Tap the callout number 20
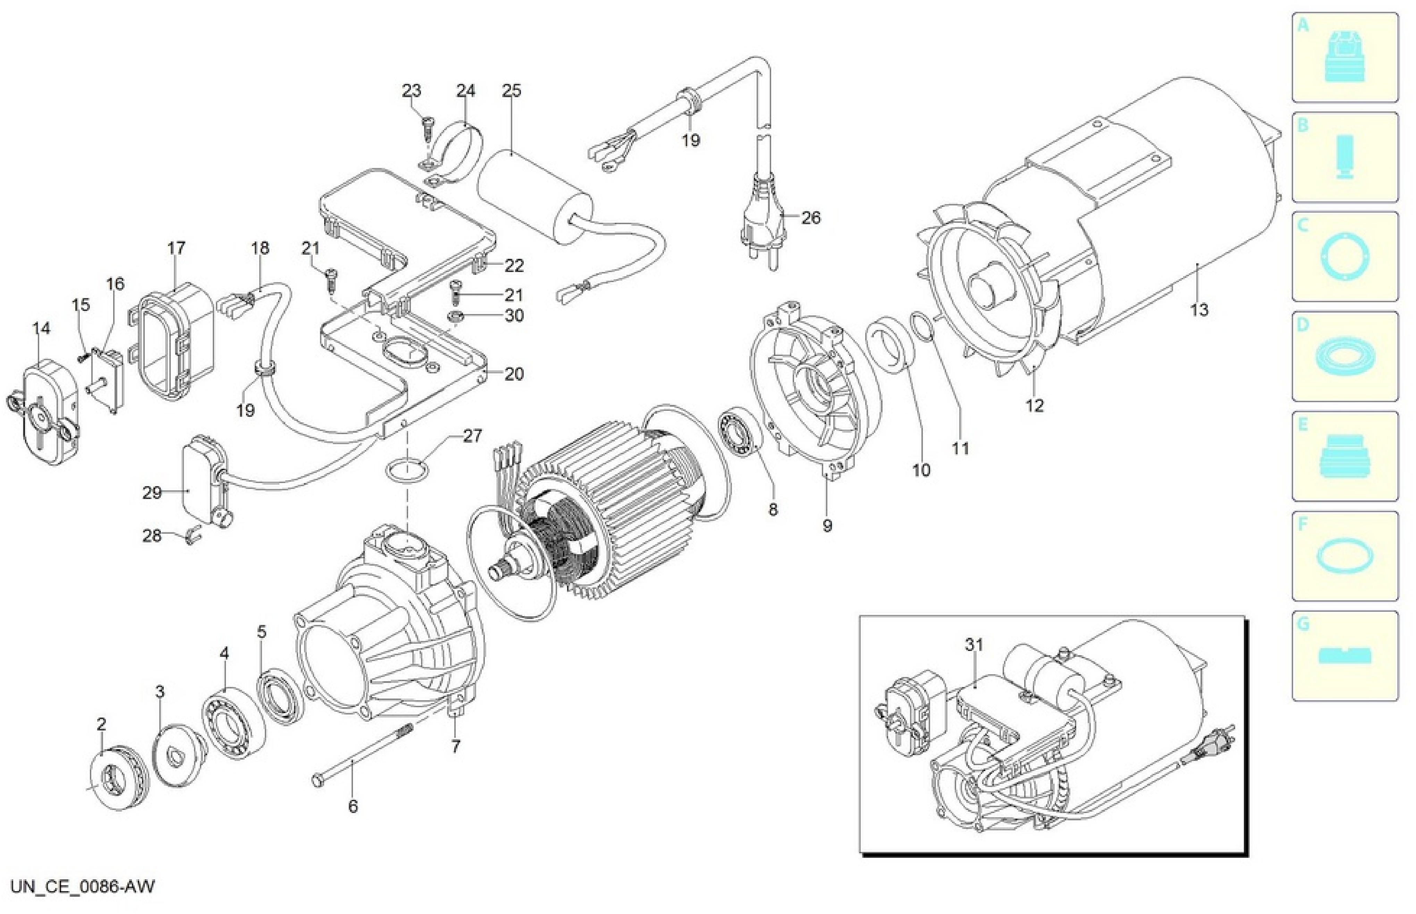click(514, 374)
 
